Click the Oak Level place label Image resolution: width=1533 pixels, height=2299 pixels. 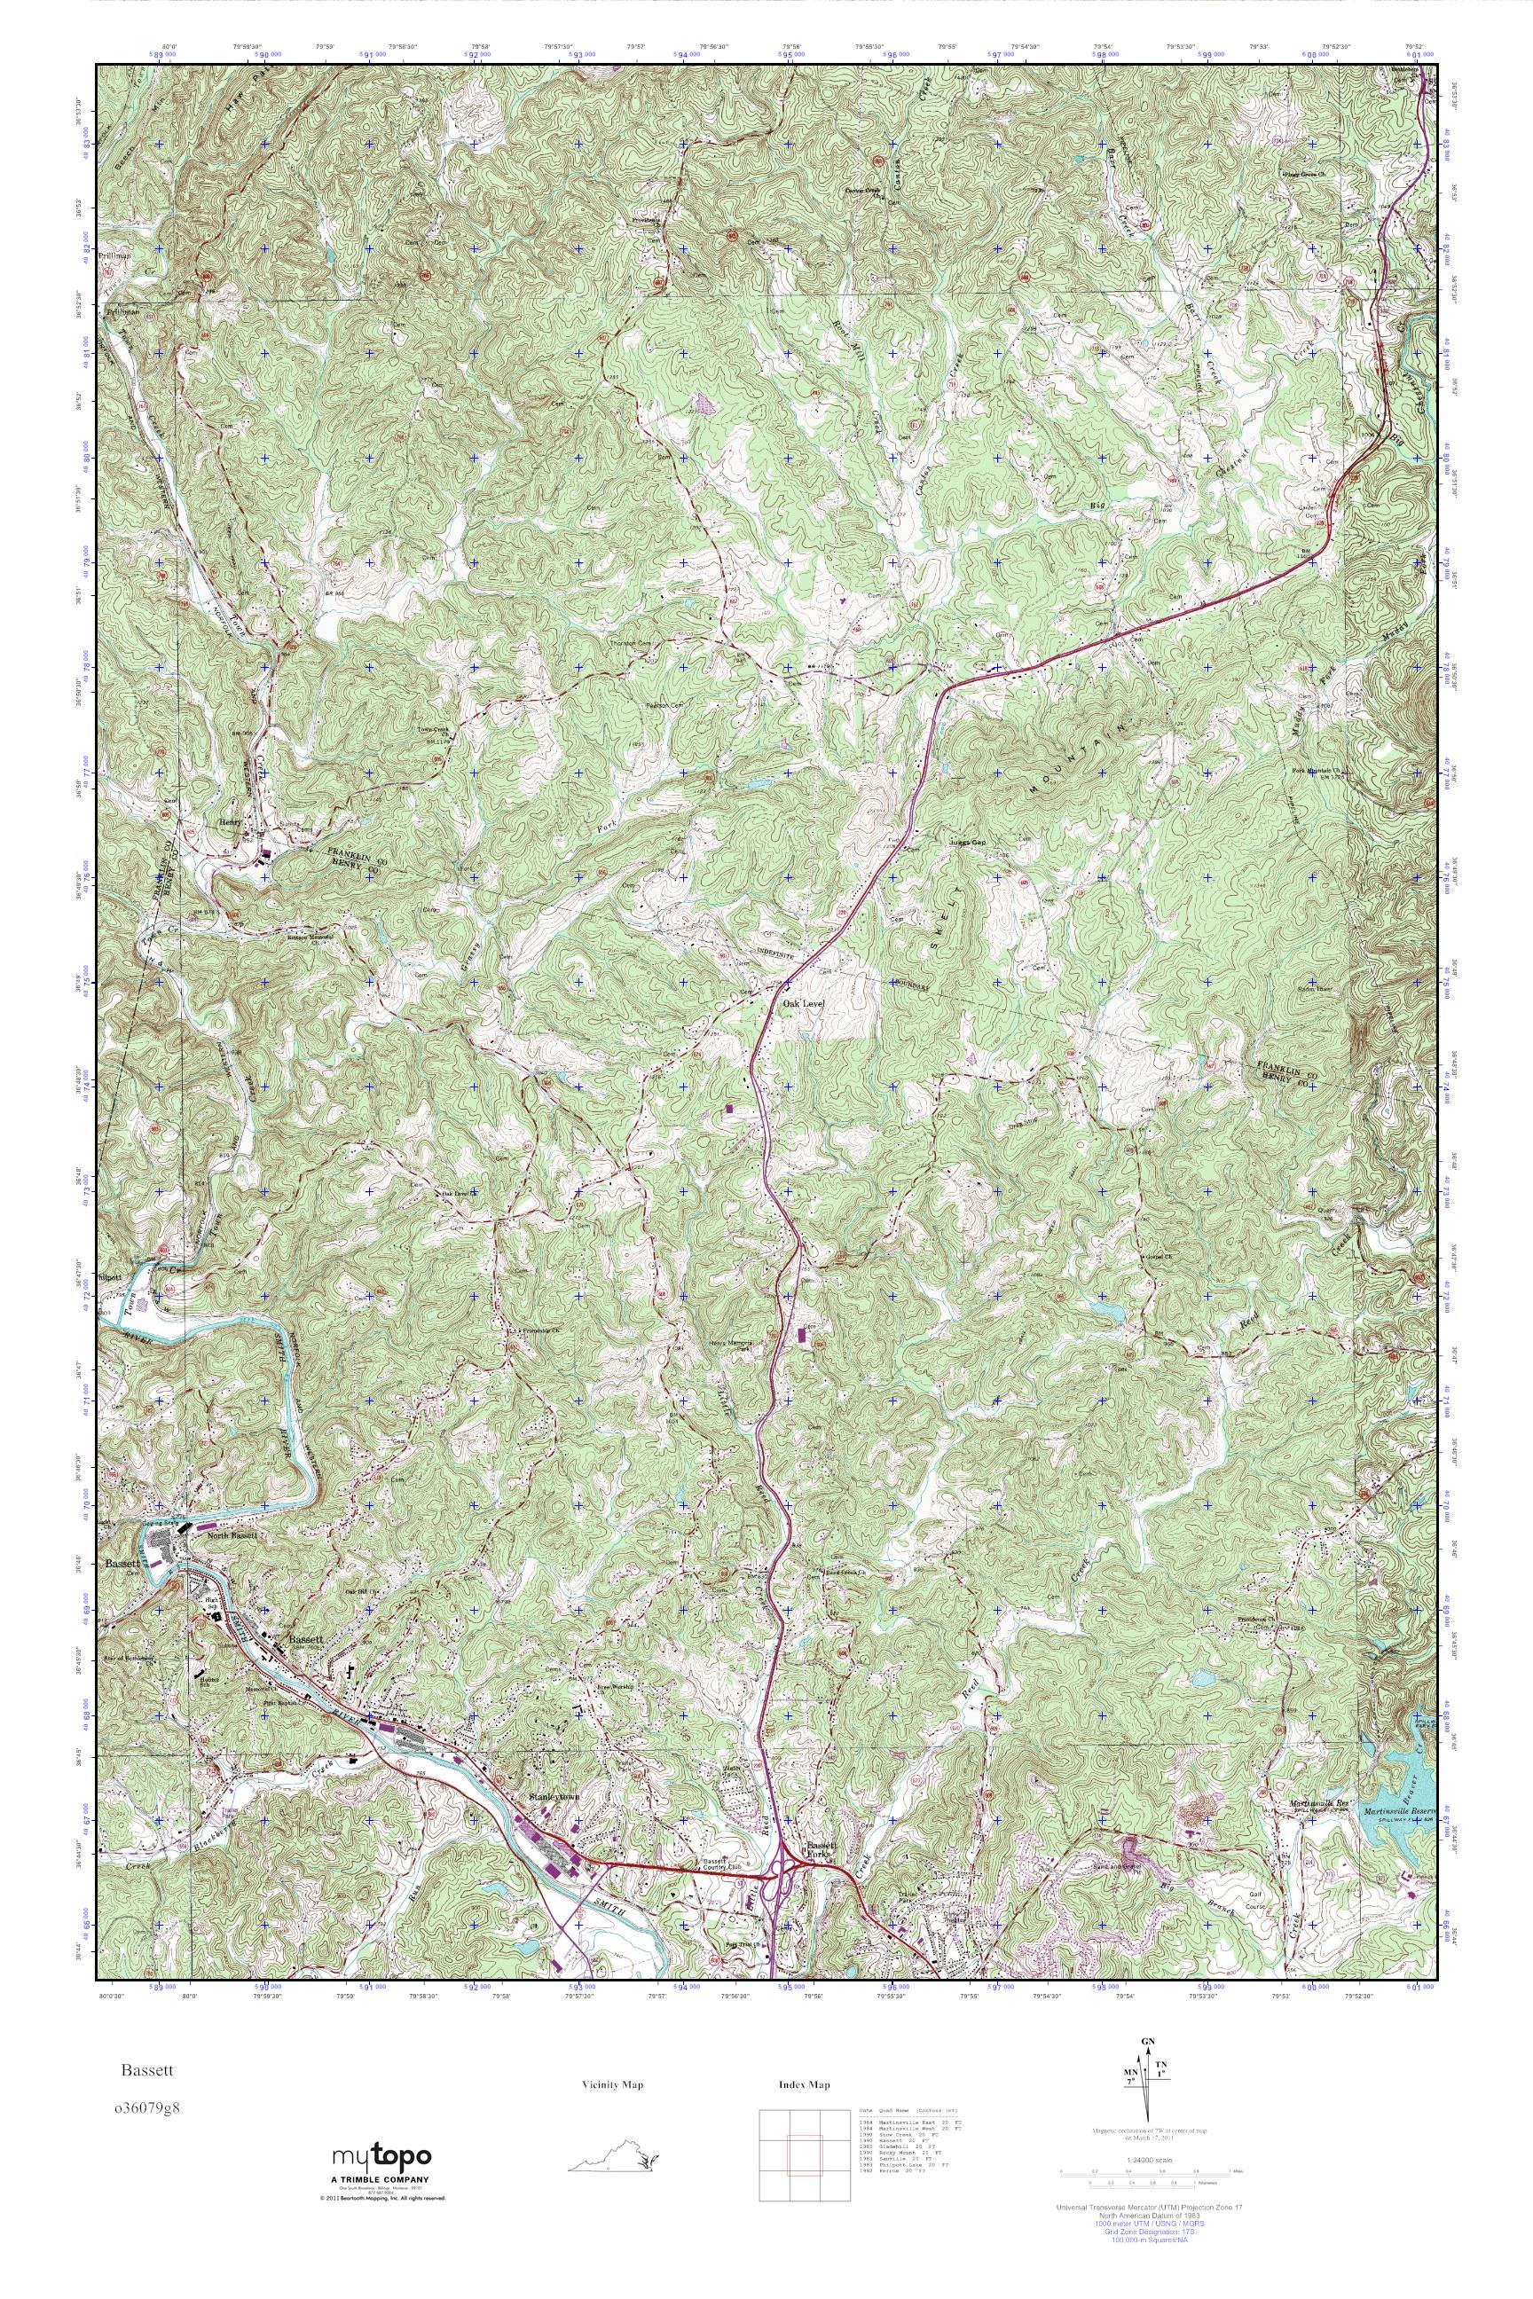pos(804,1002)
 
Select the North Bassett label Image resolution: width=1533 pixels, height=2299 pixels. pos(232,1563)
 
